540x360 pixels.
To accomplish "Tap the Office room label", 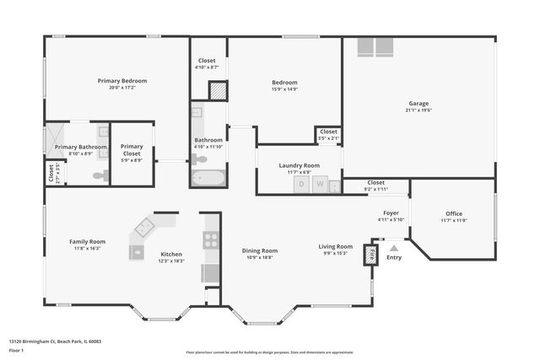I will (454, 213).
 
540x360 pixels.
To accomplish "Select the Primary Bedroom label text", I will (122, 81).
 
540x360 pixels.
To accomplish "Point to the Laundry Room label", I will (300, 165).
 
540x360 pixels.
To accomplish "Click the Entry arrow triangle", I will (394, 249).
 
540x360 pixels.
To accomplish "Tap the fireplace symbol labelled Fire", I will (370, 254).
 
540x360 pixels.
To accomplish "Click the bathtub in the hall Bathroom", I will (208, 178).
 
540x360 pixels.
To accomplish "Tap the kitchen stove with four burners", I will (211, 240).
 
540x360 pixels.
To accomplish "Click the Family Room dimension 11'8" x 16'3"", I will (87, 249).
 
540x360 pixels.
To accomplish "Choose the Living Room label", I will (334, 247).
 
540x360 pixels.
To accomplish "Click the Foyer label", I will (391, 213).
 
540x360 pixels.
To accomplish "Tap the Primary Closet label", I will (132, 150).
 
